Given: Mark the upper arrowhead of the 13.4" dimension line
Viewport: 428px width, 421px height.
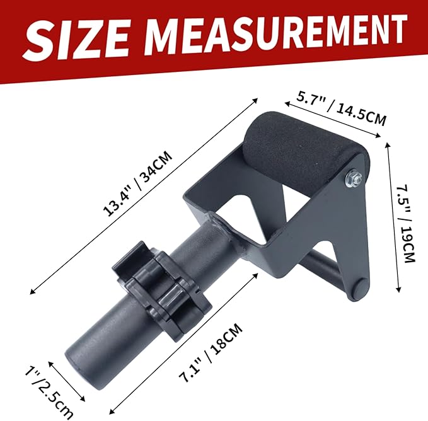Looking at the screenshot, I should click(x=257, y=98).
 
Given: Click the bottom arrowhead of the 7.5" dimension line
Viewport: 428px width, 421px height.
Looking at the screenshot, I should click(x=398, y=291).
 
